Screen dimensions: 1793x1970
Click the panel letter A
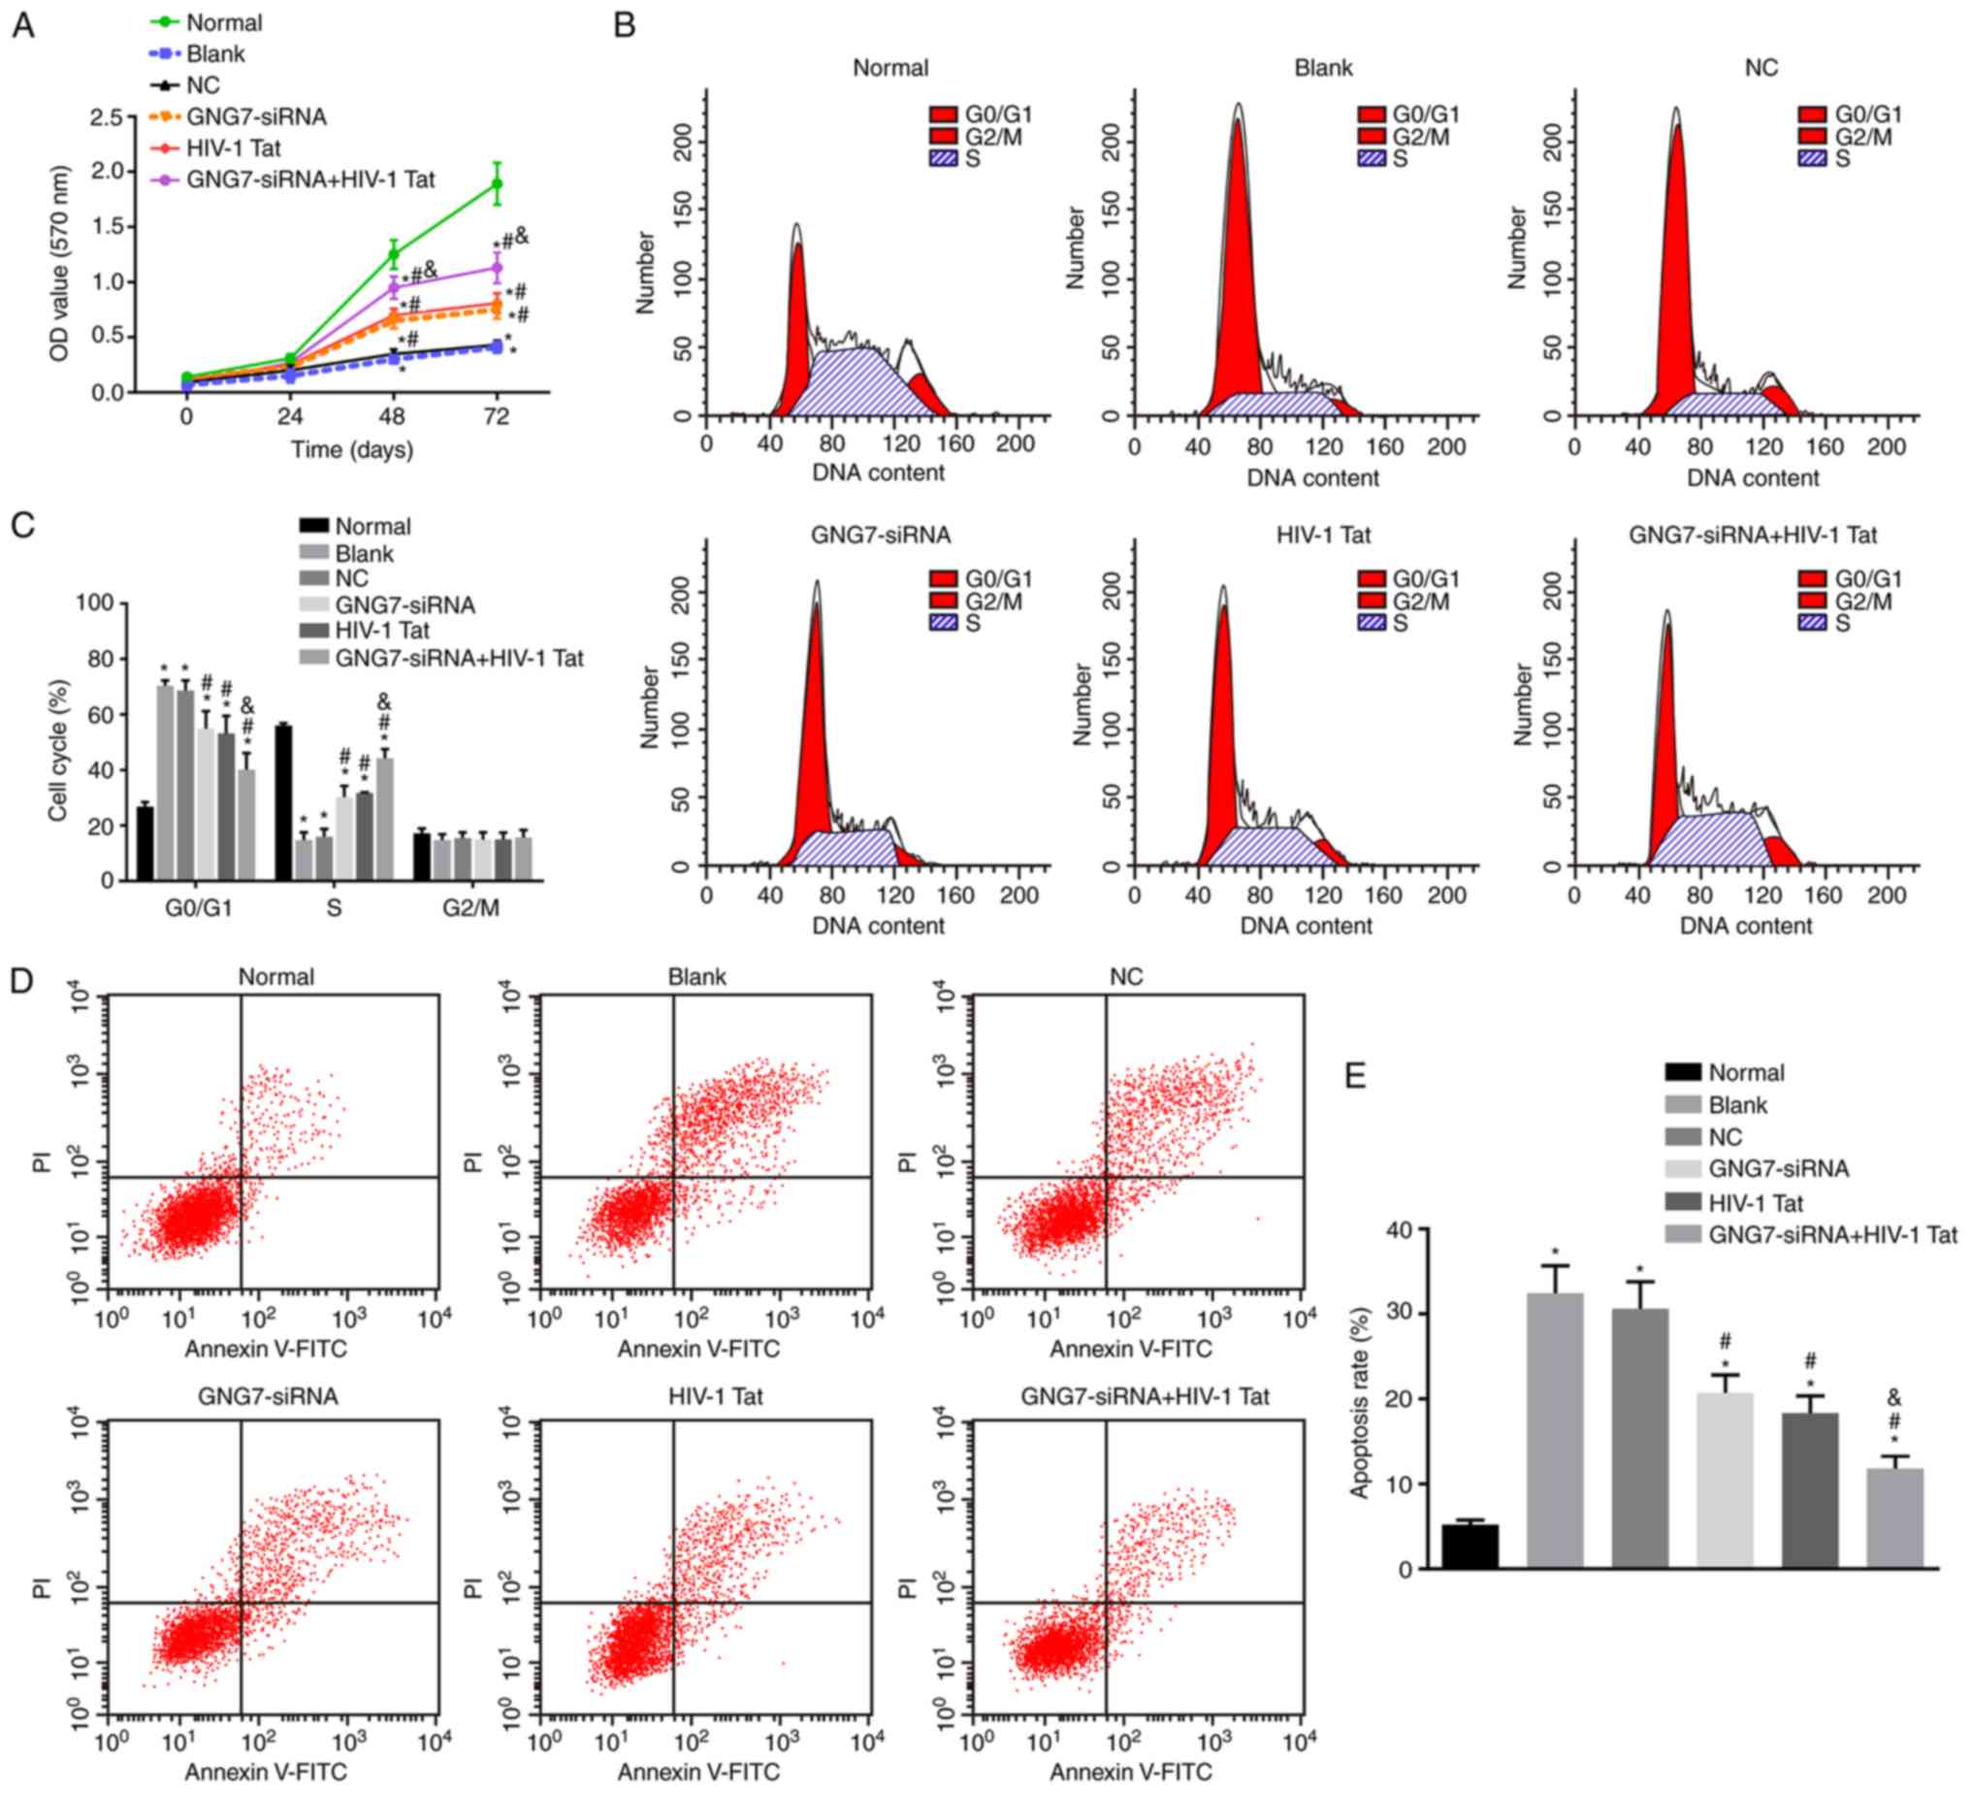pyautogui.click(x=22, y=25)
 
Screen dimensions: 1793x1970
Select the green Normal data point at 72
pyautogui.click(x=497, y=183)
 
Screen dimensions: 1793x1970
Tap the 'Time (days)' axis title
pyautogui.click(x=352, y=450)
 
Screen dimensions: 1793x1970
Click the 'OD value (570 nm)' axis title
pyautogui.click(x=59, y=264)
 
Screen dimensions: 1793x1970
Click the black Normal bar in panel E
pyautogui.click(x=1469, y=1546)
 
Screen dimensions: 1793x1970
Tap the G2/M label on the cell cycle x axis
pyautogui.click(x=471, y=908)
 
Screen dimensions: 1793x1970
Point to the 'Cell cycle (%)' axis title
pyautogui.click(x=58, y=750)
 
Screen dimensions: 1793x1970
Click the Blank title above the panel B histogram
pyautogui.click(x=1323, y=69)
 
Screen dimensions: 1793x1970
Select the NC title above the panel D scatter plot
pyautogui.click(x=1126, y=977)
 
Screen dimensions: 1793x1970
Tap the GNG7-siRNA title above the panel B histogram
pyautogui.click(x=881, y=535)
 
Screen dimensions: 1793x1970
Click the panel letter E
pyautogui.click(x=1355, y=1075)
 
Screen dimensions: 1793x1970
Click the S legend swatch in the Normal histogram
pyautogui.click(x=943, y=158)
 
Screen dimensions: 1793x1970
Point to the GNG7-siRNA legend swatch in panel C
pyautogui.click(x=313, y=605)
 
